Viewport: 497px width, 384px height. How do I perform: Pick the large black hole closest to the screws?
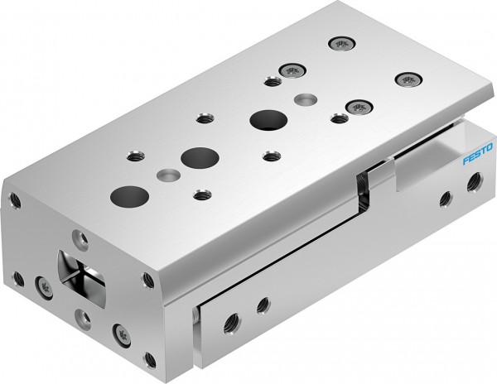tap(265, 119)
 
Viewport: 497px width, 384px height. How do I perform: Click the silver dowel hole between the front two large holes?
tap(169, 175)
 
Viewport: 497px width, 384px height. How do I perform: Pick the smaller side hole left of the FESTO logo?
tap(445, 198)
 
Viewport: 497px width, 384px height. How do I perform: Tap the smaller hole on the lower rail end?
tap(263, 303)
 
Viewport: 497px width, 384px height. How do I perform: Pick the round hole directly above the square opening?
tap(79, 238)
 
